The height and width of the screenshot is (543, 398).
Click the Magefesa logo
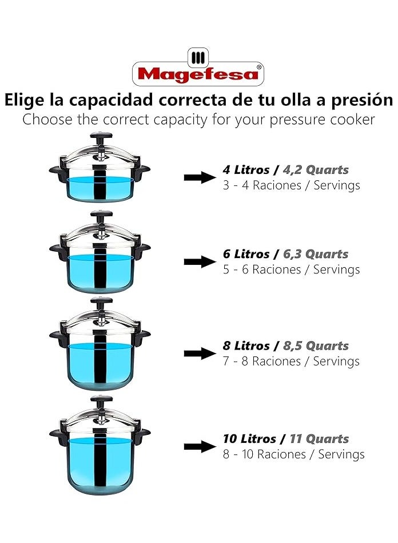[x=198, y=67]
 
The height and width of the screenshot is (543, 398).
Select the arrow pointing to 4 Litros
[x=200, y=177]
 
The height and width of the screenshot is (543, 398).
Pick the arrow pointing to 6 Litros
[x=200, y=262]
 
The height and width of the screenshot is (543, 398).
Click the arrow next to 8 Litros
[x=200, y=354]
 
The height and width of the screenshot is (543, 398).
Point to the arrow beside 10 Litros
[x=200, y=447]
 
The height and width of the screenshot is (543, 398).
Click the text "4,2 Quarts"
[x=316, y=170]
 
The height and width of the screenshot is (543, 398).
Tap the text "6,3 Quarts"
[x=316, y=254]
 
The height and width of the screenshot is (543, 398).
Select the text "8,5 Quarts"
[x=316, y=346]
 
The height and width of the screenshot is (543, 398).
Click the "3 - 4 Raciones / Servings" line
[x=292, y=185]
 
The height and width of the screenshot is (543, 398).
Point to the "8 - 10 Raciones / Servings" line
[x=294, y=454]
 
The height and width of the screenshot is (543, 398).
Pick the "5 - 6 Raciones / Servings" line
[x=292, y=269]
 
